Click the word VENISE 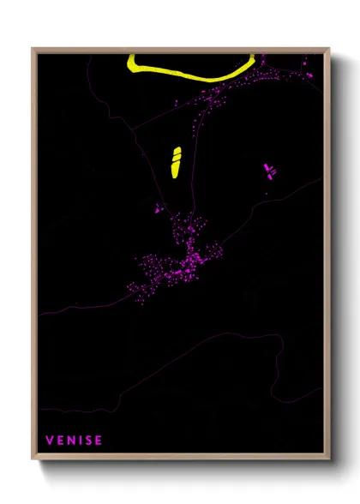(74, 441)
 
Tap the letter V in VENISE (50, 441)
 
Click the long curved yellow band (194, 75)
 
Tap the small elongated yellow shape (176, 161)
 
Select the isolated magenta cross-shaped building (269, 170)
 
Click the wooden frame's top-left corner (33, 49)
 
